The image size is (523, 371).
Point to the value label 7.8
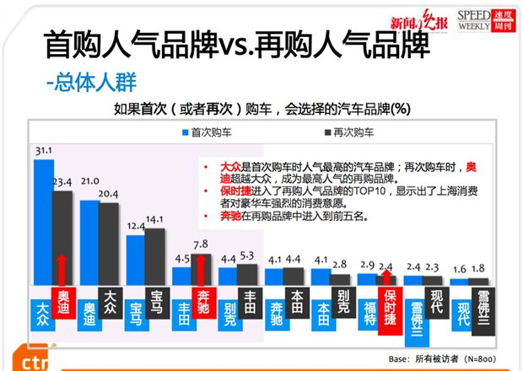201,245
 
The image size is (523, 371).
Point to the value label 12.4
135,227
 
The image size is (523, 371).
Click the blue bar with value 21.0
88,245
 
